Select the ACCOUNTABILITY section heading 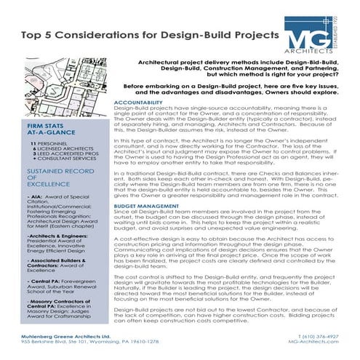click(x=143, y=103)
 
